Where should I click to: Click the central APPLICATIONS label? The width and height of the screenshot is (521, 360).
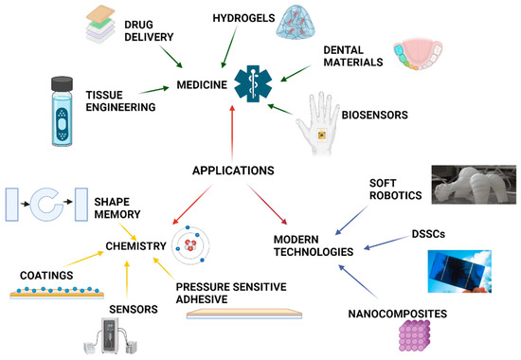tap(242, 171)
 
